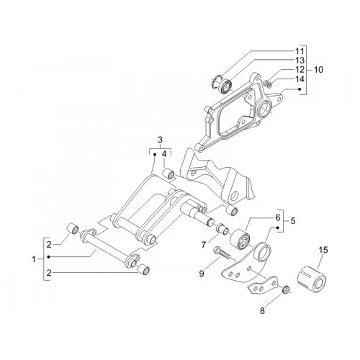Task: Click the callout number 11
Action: [300, 51]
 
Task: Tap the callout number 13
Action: [300, 60]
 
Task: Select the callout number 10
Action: [318, 70]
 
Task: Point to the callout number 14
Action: [300, 79]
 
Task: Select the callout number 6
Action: [278, 217]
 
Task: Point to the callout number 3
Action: [160, 140]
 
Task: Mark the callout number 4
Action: [164, 154]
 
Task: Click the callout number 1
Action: [34, 259]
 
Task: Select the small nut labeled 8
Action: [285, 289]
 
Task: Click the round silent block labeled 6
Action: [240, 239]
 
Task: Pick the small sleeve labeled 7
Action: [222, 228]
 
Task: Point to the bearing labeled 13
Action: [226, 86]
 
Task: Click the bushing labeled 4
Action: [168, 174]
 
